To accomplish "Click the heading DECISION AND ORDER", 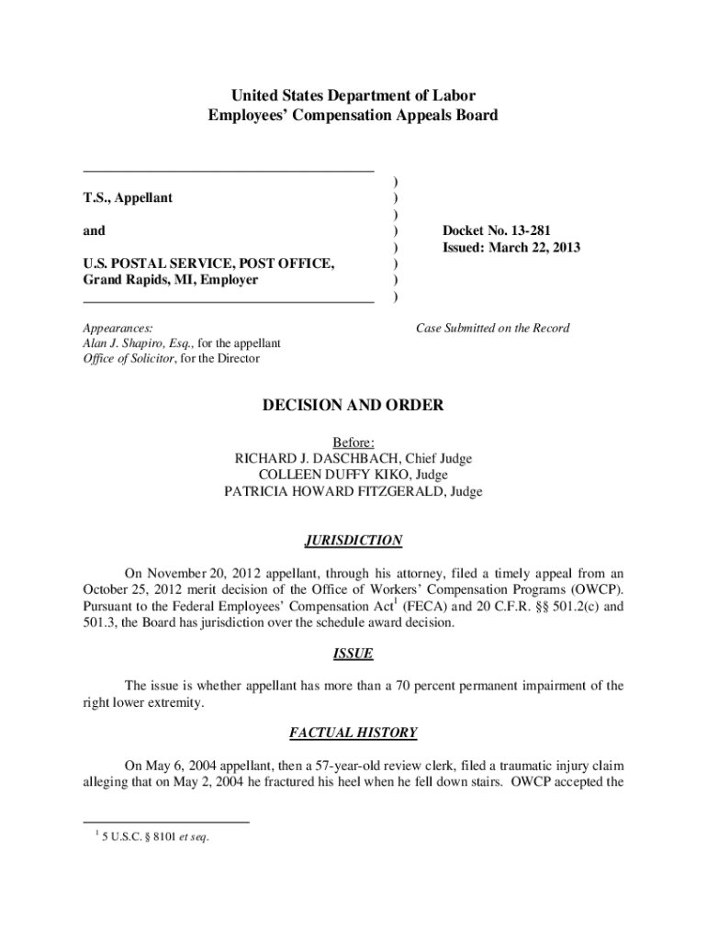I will point(353,405).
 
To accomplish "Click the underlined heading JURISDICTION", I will point(353,541).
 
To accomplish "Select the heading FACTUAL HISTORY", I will point(353,733).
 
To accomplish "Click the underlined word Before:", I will point(353,442).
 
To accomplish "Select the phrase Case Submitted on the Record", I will point(492,328).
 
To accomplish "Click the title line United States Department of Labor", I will point(353,95).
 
